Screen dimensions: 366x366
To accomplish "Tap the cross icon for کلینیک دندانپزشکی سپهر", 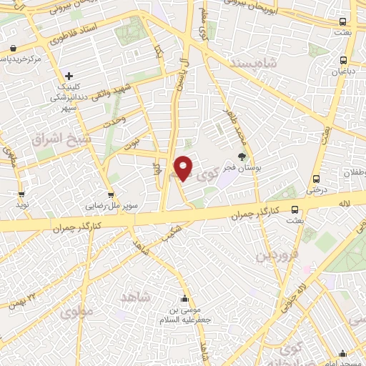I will (69, 76).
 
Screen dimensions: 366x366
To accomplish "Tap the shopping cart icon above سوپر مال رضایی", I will (111, 193).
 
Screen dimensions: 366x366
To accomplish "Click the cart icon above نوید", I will (23, 193).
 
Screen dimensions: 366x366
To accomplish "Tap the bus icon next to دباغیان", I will (344, 61).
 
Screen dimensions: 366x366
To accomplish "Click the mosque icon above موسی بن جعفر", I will (184, 298).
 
